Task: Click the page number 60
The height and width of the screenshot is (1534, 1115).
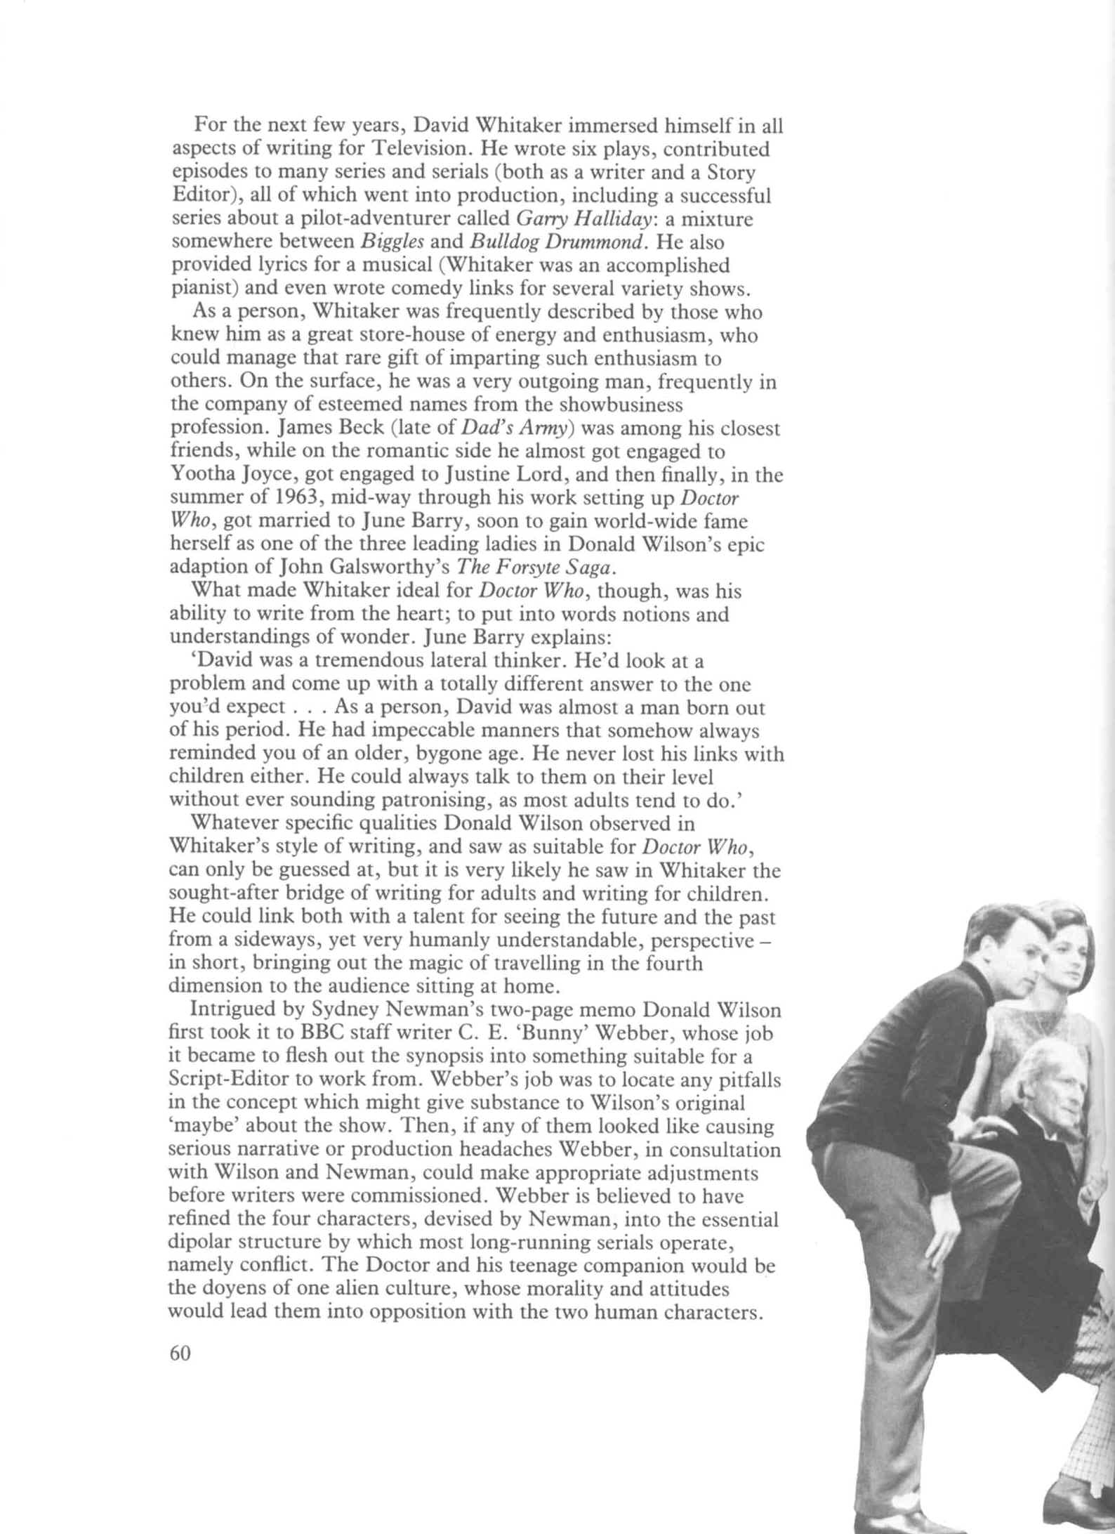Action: [x=180, y=1353]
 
